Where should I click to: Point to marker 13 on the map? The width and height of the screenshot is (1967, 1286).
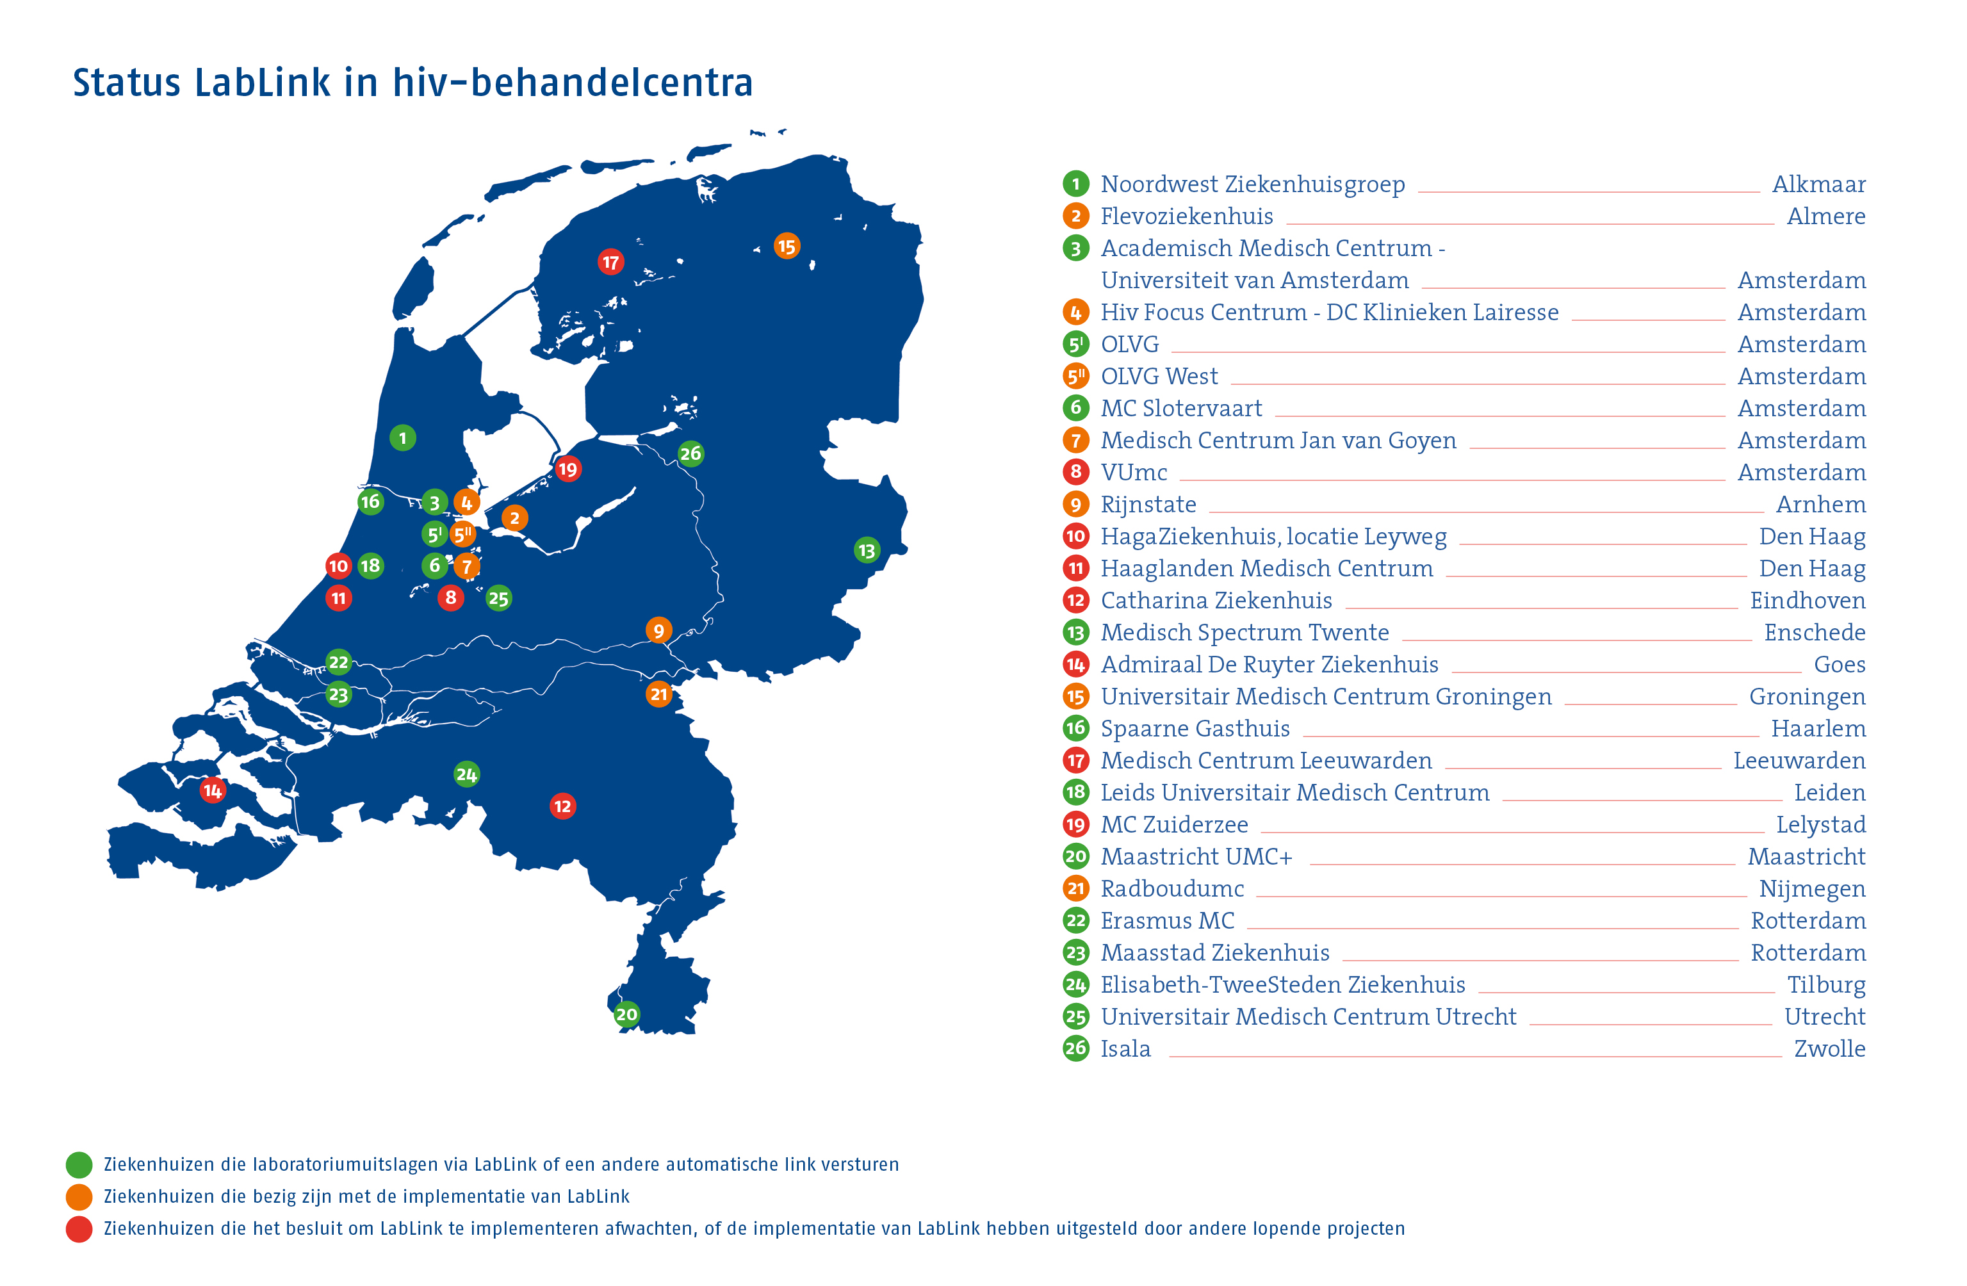866,550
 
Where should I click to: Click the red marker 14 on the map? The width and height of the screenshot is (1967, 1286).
213,790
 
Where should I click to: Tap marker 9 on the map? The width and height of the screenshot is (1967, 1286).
658,631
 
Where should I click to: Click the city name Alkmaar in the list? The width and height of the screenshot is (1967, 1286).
1818,184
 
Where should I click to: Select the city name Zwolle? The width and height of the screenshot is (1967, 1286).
1829,1049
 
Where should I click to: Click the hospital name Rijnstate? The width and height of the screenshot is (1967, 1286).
1148,504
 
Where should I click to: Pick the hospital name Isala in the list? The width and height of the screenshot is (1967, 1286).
1125,1049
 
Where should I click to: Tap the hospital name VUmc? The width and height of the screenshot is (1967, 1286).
1133,472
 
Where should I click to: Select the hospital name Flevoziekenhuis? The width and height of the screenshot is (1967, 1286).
1186,216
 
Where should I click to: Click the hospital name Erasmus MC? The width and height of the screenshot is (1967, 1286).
1167,921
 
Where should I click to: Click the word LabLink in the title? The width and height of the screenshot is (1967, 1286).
262,83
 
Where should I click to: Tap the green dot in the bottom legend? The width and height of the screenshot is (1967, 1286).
79,1164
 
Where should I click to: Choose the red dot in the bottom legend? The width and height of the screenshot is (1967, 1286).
79,1229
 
